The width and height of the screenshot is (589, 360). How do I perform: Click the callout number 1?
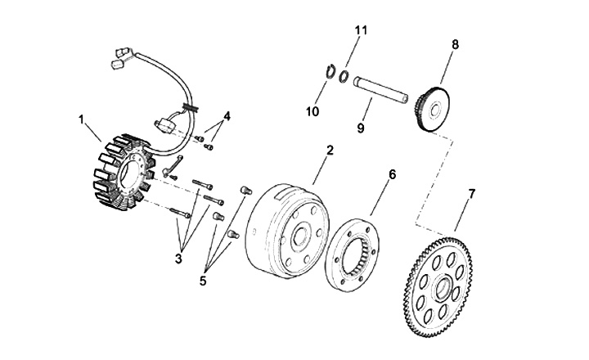point(82,119)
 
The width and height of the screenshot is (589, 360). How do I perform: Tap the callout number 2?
point(330,151)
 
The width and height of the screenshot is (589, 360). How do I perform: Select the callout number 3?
point(178,260)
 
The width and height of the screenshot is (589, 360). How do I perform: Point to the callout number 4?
point(227,116)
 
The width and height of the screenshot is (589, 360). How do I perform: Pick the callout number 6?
point(392,174)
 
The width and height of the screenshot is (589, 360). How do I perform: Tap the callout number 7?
point(471,194)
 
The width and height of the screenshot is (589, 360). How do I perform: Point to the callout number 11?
point(362,30)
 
